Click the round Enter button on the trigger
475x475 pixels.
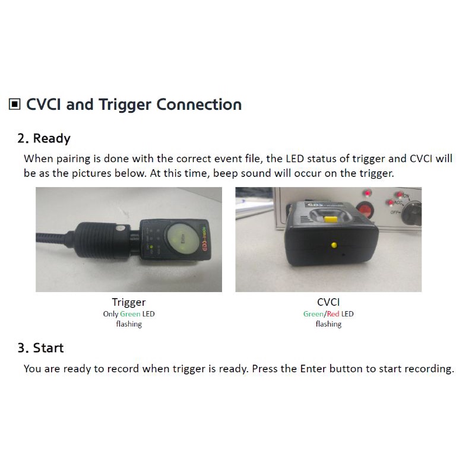181,239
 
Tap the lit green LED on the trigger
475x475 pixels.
151,247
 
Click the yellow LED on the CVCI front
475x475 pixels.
334,245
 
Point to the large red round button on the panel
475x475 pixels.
365,210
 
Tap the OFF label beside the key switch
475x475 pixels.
395,213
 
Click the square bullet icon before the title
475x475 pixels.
14,104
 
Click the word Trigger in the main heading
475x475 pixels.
125,105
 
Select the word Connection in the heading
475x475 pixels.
199,104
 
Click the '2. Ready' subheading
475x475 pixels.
44,138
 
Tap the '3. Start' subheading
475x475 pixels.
40,348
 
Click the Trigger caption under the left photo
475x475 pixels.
129,302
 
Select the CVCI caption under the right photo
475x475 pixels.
328,302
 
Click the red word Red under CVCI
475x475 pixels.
333,314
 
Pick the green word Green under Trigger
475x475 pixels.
130,314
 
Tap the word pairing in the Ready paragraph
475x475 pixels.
74,159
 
